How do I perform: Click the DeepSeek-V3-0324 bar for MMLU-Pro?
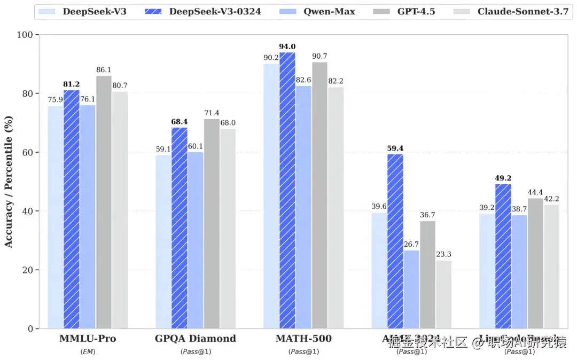pos(72,208)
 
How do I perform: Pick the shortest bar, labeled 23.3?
pos(443,294)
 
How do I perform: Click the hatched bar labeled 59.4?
pos(395,241)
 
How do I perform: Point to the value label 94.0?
pos(287,46)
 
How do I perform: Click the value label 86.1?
pos(104,70)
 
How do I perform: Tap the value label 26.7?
pos(411,245)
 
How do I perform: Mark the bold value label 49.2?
pos(503,178)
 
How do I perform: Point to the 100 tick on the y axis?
pos(25,35)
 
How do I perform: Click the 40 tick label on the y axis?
pos(27,212)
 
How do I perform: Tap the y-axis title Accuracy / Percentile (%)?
pos(9,182)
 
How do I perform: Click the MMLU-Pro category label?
pos(88,339)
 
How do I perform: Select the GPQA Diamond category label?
pos(195,339)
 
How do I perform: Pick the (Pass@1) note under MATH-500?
pos(303,351)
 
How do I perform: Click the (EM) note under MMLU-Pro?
pos(88,351)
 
